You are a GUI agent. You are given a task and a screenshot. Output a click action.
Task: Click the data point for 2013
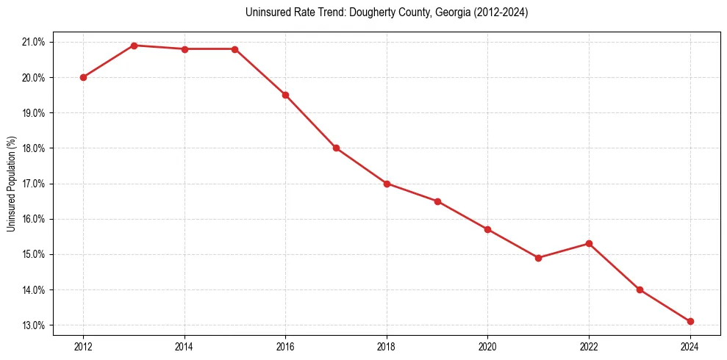(x=134, y=46)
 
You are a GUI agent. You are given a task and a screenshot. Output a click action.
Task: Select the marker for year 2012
(x=83, y=77)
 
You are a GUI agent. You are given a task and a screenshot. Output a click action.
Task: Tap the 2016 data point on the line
(x=285, y=95)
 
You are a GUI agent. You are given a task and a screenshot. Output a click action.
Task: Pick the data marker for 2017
(x=336, y=148)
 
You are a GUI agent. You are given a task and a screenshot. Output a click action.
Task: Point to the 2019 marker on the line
(x=437, y=201)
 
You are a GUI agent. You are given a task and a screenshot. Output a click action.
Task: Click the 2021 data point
(x=538, y=258)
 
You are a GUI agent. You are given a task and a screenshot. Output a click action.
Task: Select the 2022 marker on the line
(x=589, y=243)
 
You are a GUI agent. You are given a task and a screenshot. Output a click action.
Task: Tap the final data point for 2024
(x=690, y=321)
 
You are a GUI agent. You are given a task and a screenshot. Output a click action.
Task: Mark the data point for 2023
(x=640, y=289)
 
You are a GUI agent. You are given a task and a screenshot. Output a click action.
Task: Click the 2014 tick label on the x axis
(x=185, y=346)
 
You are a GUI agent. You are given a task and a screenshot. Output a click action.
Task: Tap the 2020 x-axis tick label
(x=487, y=346)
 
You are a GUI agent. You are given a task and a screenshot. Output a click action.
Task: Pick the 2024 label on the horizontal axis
(x=690, y=346)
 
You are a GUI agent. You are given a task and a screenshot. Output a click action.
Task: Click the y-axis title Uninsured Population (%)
(x=11, y=184)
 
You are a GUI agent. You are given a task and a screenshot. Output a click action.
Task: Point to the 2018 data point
(x=387, y=184)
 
